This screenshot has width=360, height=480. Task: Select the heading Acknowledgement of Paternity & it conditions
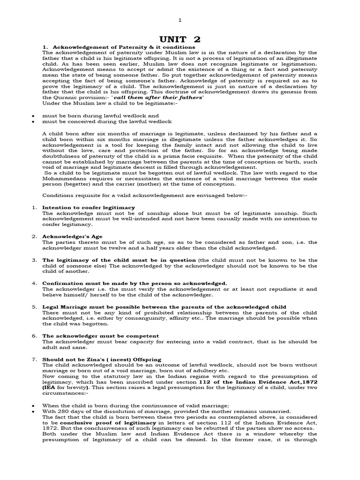[x=118, y=47]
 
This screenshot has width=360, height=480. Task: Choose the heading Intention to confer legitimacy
[x=89, y=207]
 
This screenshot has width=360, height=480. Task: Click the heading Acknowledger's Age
[x=72, y=236]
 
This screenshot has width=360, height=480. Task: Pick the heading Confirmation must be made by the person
[x=128, y=283]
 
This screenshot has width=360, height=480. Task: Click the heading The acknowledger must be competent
[x=100, y=336]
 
